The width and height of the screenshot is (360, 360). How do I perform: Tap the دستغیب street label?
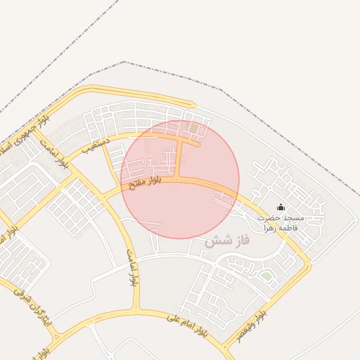tap(96, 146)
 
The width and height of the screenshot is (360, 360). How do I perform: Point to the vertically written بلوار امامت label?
tap(131, 266)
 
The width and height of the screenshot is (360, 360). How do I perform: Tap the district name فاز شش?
tap(228, 241)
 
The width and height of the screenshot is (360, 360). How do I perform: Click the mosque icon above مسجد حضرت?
tap(281, 207)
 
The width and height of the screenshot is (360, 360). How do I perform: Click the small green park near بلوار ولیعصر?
tap(266, 276)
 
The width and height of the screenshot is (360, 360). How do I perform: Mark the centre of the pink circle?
tap(180, 179)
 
